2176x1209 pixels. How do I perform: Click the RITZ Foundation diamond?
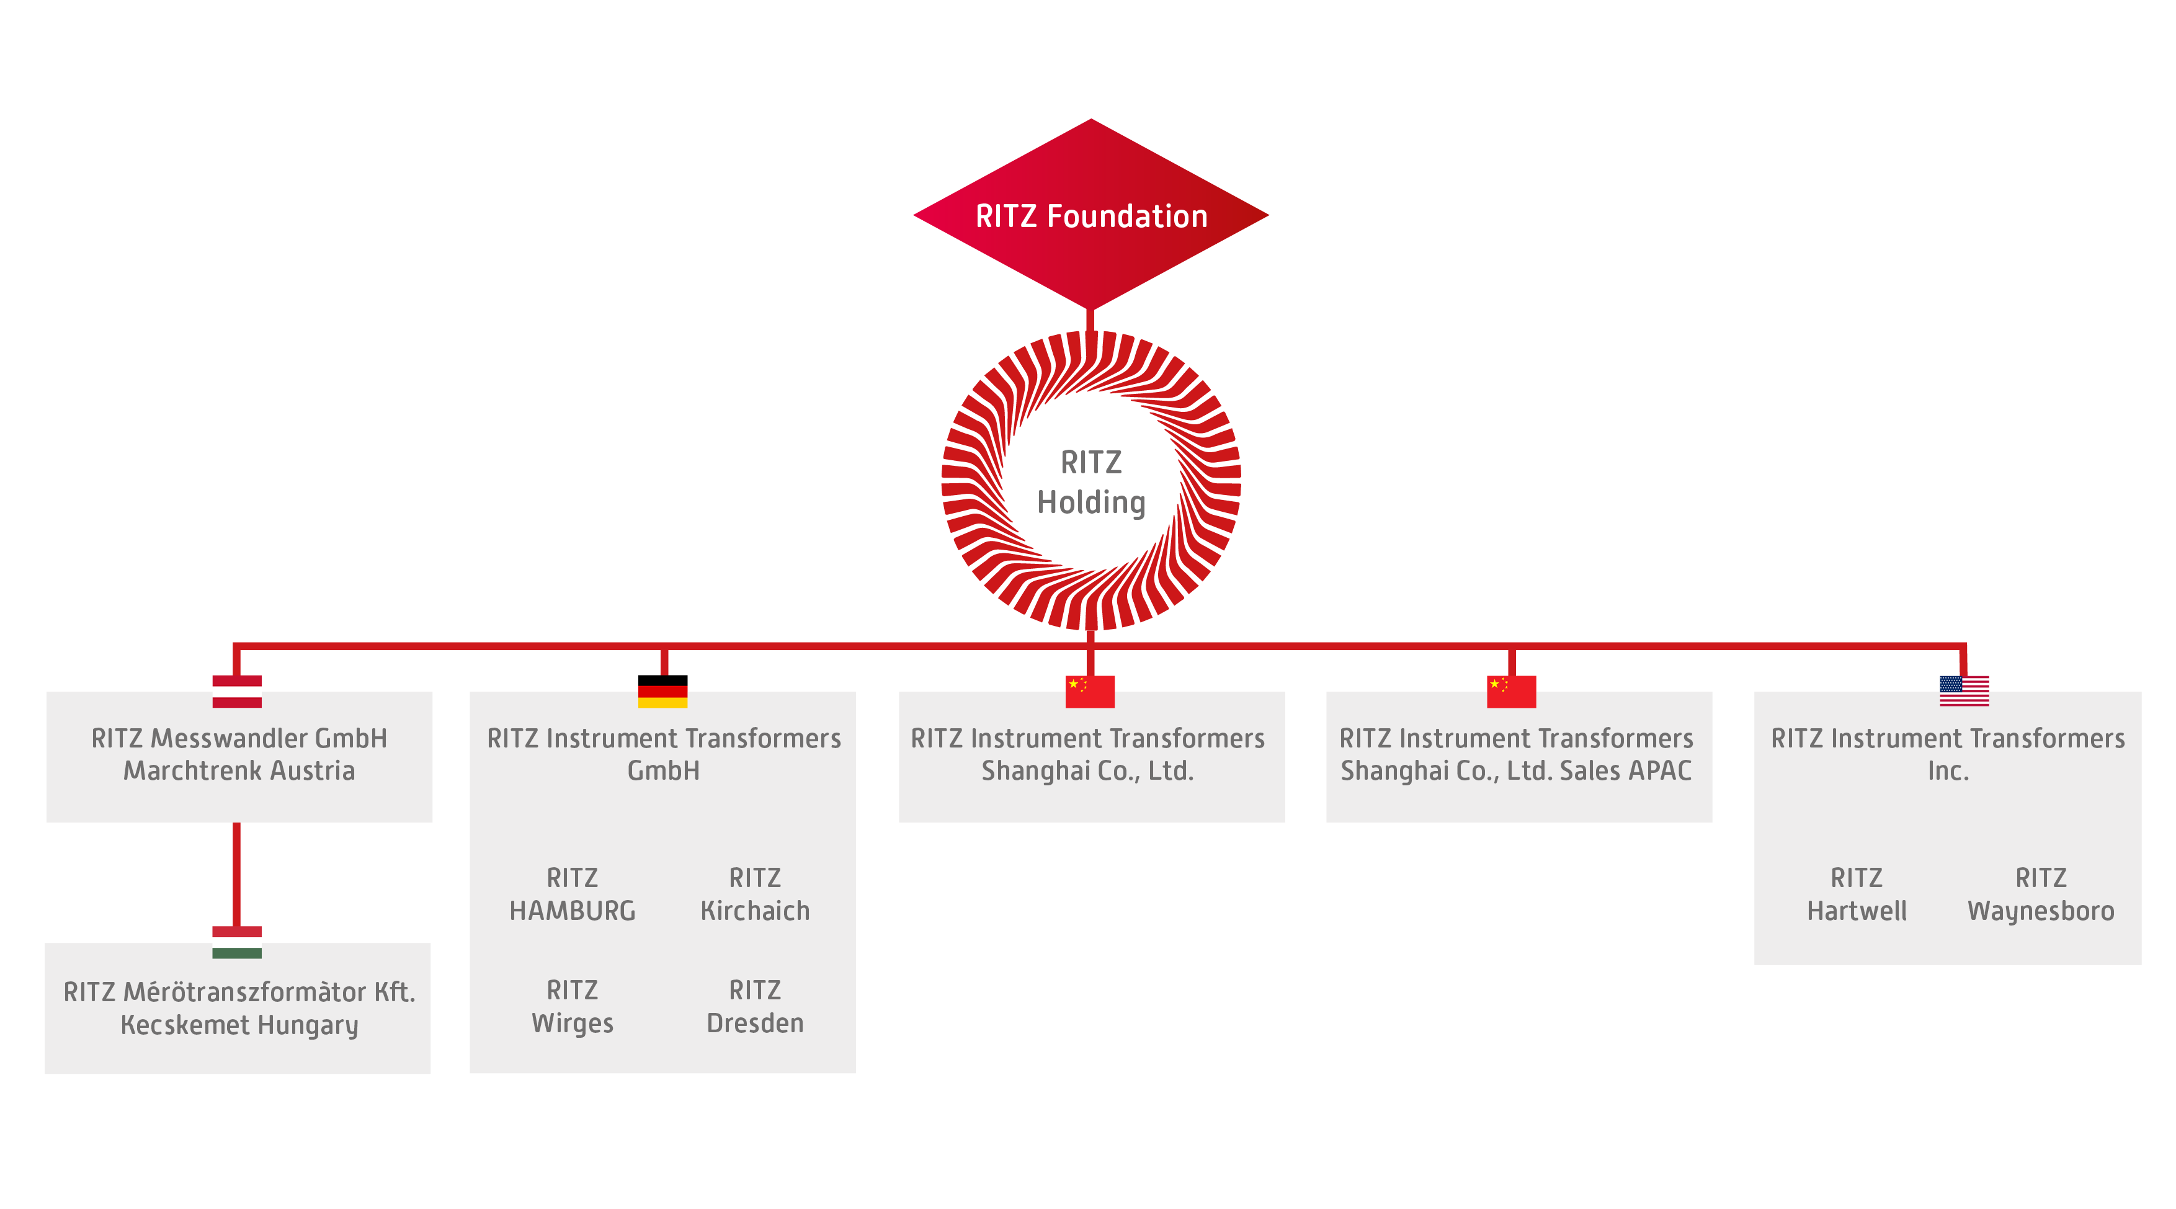[1090, 215]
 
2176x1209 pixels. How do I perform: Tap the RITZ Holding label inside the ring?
[1090, 483]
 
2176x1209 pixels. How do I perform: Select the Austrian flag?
[236, 691]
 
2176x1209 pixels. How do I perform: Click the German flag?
[662, 691]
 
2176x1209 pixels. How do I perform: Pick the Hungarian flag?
[236, 942]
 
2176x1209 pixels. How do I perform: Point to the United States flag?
[1963, 690]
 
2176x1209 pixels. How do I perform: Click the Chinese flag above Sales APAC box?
[1511, 691]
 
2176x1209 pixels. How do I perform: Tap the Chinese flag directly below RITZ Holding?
[1090, 691]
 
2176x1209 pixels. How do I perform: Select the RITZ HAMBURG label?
[572, 894]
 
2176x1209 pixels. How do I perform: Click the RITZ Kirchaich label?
[754, 894]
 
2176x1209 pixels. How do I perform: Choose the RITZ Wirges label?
[572, 1006]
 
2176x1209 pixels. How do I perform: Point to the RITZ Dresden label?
[754, 1006]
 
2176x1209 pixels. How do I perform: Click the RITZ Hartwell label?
[1857, 894]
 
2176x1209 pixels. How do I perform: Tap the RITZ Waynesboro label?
[2041, 894]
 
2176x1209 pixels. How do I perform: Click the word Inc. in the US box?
[1948, 770]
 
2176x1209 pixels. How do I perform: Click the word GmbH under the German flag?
[663, 770]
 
